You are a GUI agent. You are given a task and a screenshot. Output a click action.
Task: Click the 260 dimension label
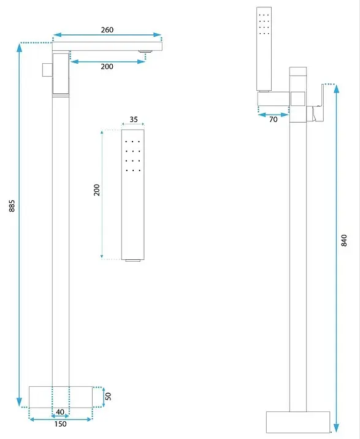pos(107,29)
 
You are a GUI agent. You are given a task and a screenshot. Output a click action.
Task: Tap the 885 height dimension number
pos(12,206)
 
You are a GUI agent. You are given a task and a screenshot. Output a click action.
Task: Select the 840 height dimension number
pos(344,240)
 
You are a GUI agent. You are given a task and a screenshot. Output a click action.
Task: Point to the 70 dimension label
pos(273,120)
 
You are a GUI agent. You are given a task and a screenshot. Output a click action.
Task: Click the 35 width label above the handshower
pos(134,120)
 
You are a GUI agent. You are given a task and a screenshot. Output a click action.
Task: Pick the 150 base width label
pos(60,424)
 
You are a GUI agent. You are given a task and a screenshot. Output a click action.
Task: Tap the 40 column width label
pos(60,412)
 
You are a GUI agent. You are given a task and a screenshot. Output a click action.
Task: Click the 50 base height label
pos(108,396)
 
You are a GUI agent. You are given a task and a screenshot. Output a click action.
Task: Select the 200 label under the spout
pos(107,66)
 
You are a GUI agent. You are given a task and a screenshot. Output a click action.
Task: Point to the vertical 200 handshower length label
pos(97,190)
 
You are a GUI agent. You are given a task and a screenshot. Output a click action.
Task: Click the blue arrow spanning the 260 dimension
pos(107,35)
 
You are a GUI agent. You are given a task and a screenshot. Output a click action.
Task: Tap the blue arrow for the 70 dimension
pos(273,115)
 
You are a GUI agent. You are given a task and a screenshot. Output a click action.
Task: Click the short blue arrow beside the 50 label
pos(104,397)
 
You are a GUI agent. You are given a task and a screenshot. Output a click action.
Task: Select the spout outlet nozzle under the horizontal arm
pos(145,52)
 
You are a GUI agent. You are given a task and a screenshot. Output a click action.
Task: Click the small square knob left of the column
pos(47,70)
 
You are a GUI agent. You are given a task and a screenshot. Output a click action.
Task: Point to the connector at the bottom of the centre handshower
pos(133,261)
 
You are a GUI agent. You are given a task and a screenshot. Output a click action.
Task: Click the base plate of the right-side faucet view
pos(298,422)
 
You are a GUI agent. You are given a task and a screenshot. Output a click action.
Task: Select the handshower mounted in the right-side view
pos(264,49)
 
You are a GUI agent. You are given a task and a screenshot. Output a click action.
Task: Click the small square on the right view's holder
pos(297,99)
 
